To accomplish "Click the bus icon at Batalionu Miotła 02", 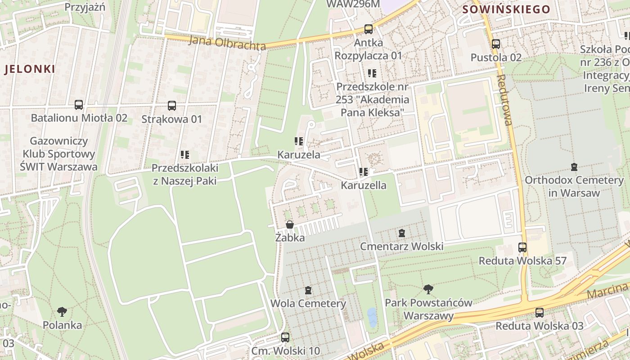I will pos(79,105).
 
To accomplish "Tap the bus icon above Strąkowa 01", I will pos(172,106).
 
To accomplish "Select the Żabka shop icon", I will pos(290,224).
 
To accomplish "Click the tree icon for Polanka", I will pos(63,311).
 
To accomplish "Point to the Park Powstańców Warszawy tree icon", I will pos(428,289).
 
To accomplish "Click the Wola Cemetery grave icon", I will pos(308,290).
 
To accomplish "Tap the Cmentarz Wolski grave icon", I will pos(402,233).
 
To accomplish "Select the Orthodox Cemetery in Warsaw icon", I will pos(574,167).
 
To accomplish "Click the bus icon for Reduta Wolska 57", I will pos(522,247).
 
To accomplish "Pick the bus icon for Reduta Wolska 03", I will pos(540,312).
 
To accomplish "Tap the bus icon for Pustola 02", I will pos(496,44).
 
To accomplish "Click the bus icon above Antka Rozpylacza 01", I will pos(369,29).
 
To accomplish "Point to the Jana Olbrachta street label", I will pos(227,43).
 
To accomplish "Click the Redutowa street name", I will pos(505,99).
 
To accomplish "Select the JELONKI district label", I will pos(30,69).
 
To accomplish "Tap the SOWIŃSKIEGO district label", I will pos(506,9).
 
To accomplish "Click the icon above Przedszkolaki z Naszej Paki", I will pos(184,155).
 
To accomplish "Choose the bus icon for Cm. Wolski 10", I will pos(285,337).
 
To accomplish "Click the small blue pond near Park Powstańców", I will pos(372,317).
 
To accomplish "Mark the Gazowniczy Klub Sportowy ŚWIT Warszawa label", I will pos(58,154).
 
